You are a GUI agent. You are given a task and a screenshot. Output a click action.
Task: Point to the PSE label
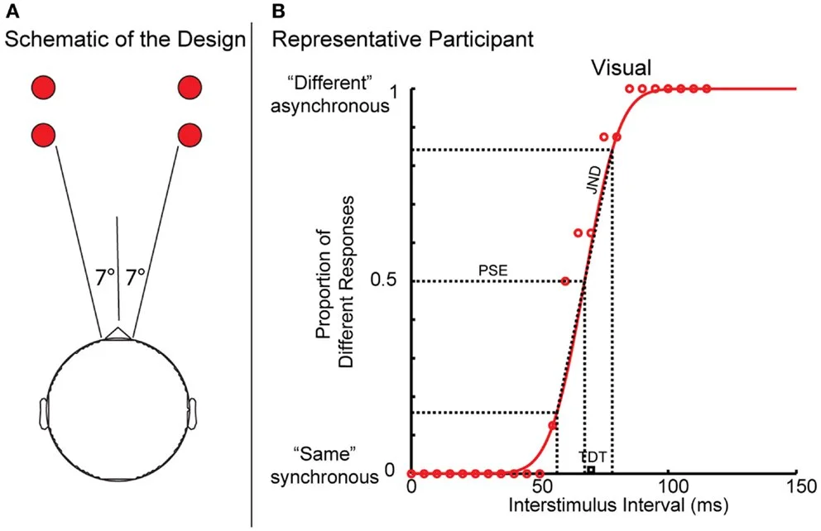coord(491,270)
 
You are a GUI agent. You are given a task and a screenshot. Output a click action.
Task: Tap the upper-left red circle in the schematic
coord(43,87)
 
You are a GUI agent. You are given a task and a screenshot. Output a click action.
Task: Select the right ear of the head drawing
coord(192,413)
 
